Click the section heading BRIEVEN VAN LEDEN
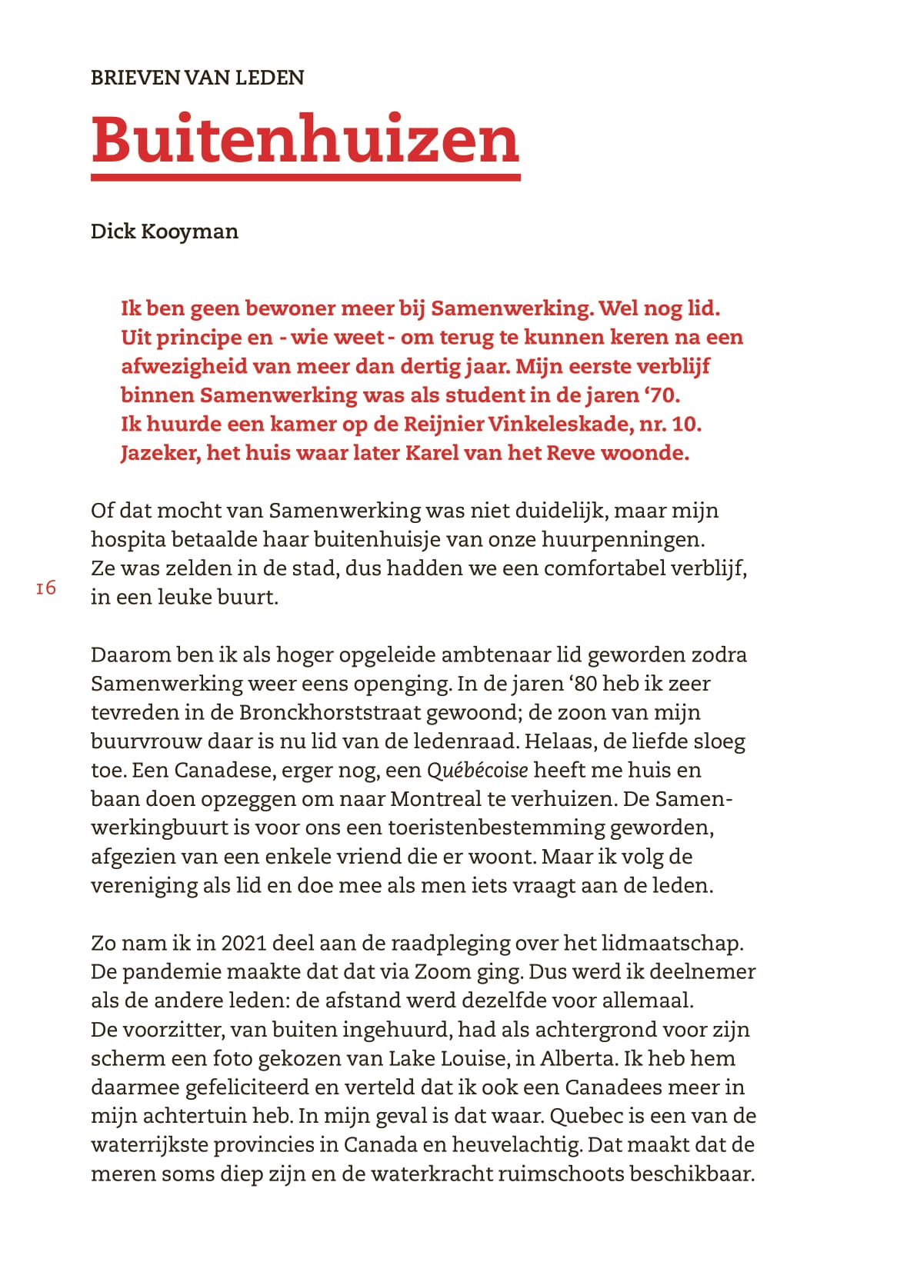pos(197,78)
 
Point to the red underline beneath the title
pos(305,178)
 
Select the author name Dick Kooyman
pos(164,231)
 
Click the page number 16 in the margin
pos(46,588)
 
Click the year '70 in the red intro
pos(662,395)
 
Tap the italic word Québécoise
pos(478,770)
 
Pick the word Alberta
pos(578,1058)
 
